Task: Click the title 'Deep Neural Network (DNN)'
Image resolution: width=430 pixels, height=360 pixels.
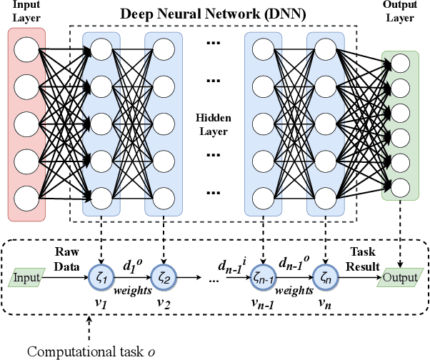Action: tap(214, 14)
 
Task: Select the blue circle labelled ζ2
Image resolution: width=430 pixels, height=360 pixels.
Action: tap(166, 277)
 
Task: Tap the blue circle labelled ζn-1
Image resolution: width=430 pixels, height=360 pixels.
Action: tap(264, 277)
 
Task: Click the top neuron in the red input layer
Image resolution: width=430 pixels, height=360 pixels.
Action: tap(28, 49)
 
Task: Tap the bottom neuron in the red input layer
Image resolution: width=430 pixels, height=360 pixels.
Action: tap(28, 195)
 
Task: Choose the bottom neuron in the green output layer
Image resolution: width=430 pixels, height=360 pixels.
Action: tap(400, 188)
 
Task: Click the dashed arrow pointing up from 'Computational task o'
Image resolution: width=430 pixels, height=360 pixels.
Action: tap(89, 329)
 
